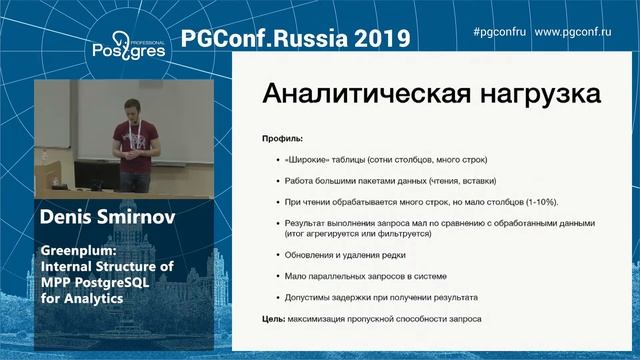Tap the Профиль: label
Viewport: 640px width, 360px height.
281,139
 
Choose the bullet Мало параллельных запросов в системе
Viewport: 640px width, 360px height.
361,275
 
